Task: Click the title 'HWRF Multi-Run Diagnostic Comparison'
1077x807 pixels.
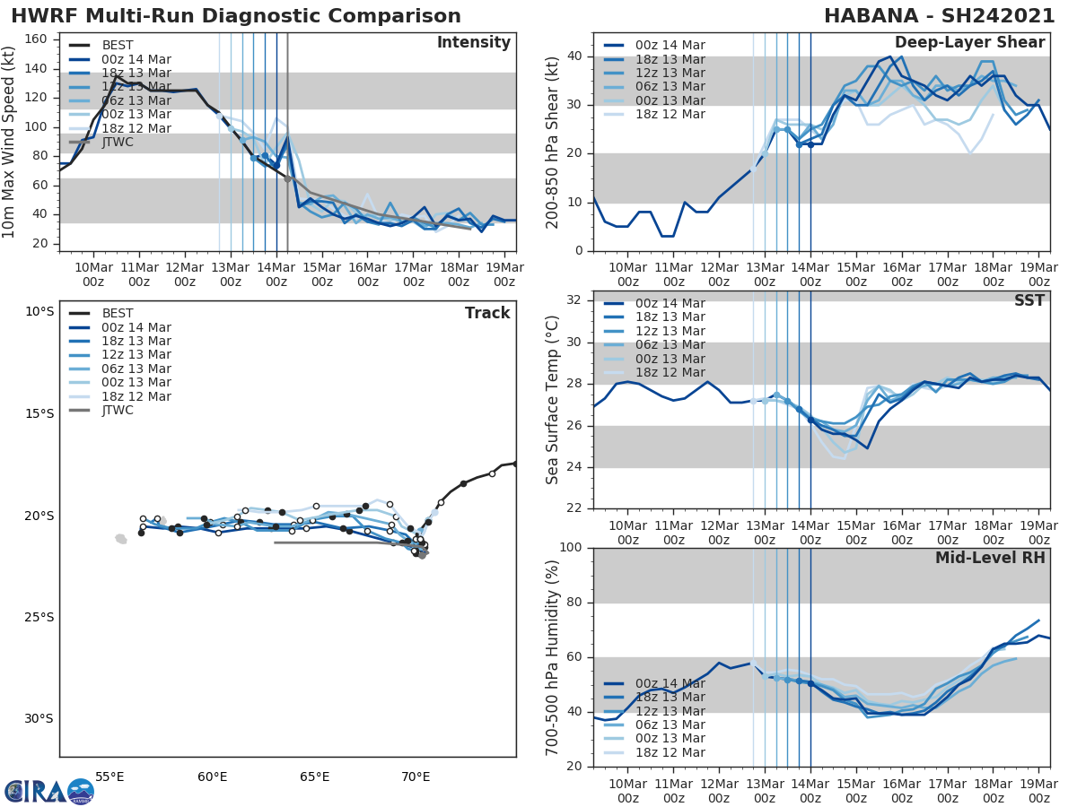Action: (236, 16)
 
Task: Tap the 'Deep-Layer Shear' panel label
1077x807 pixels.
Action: (969, 43)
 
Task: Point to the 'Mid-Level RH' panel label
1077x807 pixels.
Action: (990, 558)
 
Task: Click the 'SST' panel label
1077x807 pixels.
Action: (1029, 300)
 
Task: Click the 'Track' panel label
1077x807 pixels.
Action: (487, 313)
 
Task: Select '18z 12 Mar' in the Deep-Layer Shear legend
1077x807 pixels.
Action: (669, 114)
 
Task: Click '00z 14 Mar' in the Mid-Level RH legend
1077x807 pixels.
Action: (669, 683)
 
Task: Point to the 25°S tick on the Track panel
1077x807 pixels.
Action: (39, 617)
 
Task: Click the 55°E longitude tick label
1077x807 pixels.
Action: (109, 777)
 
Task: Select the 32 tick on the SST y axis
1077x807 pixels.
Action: (574, 300)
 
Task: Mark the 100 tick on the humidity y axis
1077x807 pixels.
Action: (571, 548)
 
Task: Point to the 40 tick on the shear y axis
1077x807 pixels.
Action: (574, 56)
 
